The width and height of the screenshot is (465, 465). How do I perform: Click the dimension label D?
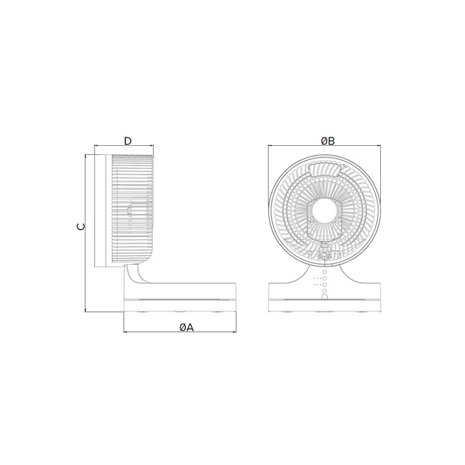tap(127, 141)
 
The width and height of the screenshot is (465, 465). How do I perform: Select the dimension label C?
tap(80, 227)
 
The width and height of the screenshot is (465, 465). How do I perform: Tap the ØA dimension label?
tap(187, 327)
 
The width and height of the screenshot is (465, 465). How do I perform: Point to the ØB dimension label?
tap(328, 141)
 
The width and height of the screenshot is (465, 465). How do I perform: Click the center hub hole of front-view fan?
tap(324, 209)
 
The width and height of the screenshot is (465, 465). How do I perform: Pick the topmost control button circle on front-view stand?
tap(325, 272)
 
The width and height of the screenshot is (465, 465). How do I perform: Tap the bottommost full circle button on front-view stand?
tap(325, 291)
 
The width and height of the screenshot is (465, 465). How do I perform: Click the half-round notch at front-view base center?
tap(325, 297)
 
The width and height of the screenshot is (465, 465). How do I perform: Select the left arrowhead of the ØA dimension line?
tap(124, 332)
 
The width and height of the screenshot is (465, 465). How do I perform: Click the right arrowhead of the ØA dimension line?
tap(235, 332)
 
